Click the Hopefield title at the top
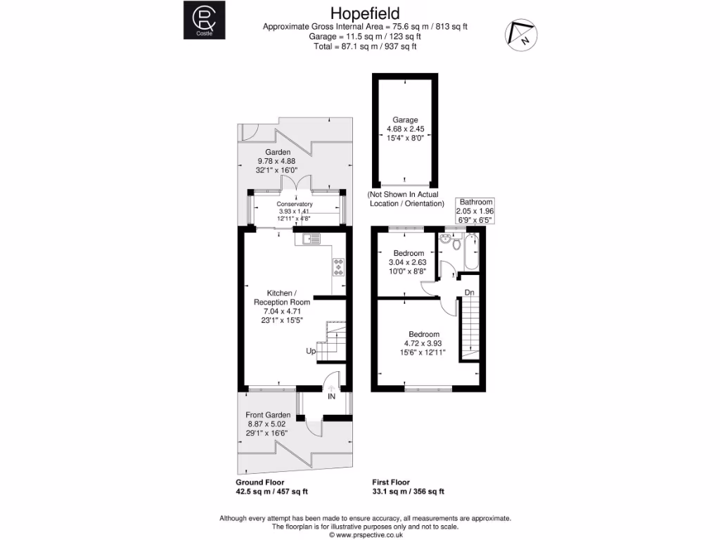[x=365, y=13]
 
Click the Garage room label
[x=405, y=120]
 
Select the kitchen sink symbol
[x=309, y=239]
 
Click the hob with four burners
[x=339, y=268]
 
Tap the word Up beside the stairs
[x=310, y=351]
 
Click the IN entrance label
[x=331, y=397]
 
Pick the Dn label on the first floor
[x=468, y=292]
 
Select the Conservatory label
[x=295, y=205]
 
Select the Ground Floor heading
[x=261, y=483]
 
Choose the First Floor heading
[x=393, y=483]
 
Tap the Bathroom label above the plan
[x=477, y=202]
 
